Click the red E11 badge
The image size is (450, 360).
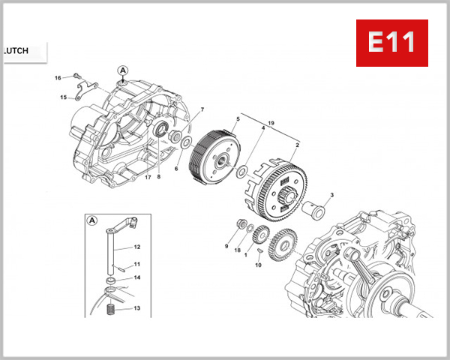[391, 43]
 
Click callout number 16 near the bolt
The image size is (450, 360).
[58, 78]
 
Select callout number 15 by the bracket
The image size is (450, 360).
[64, 97]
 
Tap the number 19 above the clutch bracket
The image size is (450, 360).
[271, 123]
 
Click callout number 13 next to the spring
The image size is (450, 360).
[137, 308]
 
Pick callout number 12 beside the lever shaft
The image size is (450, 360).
[137, 247]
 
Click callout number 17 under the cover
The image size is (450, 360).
[148, 178]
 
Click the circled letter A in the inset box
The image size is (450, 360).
[92, 220]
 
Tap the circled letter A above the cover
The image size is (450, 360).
[122, 70]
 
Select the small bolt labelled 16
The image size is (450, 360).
[76, 76]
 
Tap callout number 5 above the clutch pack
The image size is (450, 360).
[238, 119]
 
